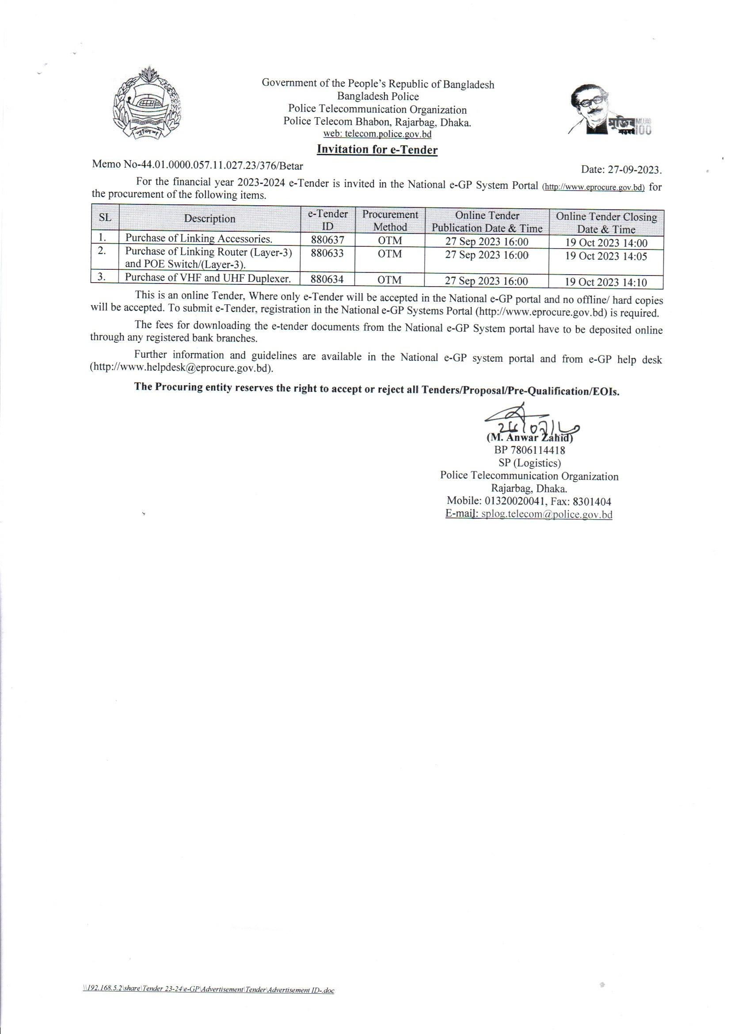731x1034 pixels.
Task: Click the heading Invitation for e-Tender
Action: pos(377,149)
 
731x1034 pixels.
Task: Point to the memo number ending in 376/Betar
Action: pos(198,165)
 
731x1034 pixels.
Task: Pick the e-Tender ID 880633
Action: pos(327,253)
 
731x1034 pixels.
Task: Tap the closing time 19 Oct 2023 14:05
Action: pos(606,256)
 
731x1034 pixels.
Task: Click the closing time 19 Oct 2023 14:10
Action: pos(606,282)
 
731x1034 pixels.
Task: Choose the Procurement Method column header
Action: pos(390,221)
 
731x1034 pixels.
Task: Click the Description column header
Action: pos(210,219)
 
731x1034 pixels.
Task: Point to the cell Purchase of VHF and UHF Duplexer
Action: pos(208,278)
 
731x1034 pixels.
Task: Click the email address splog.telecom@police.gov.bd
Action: pos(546,514)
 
